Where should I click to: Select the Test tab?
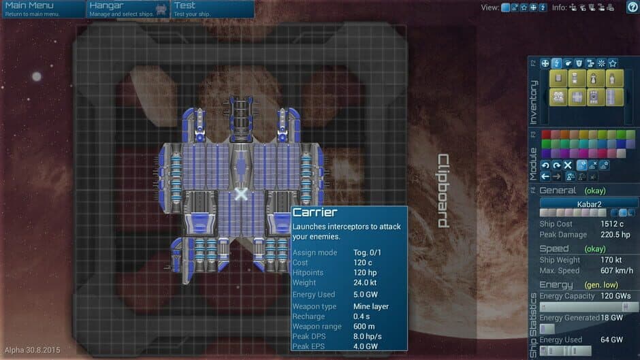pos(211,9)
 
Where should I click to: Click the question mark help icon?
pos(632,7)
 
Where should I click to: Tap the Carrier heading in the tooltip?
pos(315,213)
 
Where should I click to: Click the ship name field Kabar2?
pos(589,203)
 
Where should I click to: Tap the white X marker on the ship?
pos(241,195)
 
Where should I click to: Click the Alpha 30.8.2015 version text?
pos(31,350)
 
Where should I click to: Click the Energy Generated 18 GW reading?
pos(611,318)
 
